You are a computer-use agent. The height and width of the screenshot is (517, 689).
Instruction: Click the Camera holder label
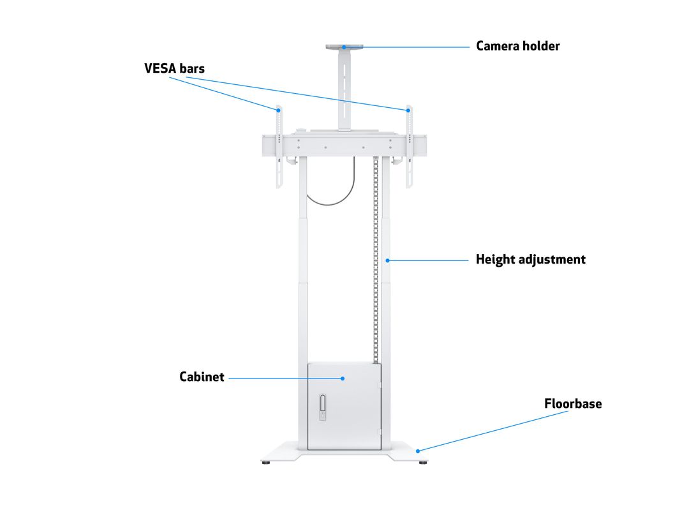[517, 46]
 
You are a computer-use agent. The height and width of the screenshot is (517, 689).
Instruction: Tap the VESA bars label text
[174, 68]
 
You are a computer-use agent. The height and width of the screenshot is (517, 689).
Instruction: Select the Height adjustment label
[530, 259]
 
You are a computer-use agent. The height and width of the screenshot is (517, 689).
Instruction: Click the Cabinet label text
[202, 377]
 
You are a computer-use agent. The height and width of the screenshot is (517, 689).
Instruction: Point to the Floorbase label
[572, 403]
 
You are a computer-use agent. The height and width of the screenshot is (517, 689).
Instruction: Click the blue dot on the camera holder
[343, 47]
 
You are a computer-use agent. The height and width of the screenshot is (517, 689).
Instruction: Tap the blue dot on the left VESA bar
[278, 110]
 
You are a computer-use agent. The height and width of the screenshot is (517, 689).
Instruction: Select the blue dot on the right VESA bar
[408, 110]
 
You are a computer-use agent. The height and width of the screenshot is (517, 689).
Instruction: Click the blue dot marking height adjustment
[388, 260]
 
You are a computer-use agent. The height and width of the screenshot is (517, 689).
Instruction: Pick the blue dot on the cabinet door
[343, 378]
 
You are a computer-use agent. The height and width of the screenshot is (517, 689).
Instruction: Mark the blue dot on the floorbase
[419, 451]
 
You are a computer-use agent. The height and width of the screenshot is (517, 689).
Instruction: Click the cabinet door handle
[323, 407]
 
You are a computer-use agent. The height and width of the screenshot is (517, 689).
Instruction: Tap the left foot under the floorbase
[266, 462]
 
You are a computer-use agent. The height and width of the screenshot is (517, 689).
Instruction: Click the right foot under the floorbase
[422, 462]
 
